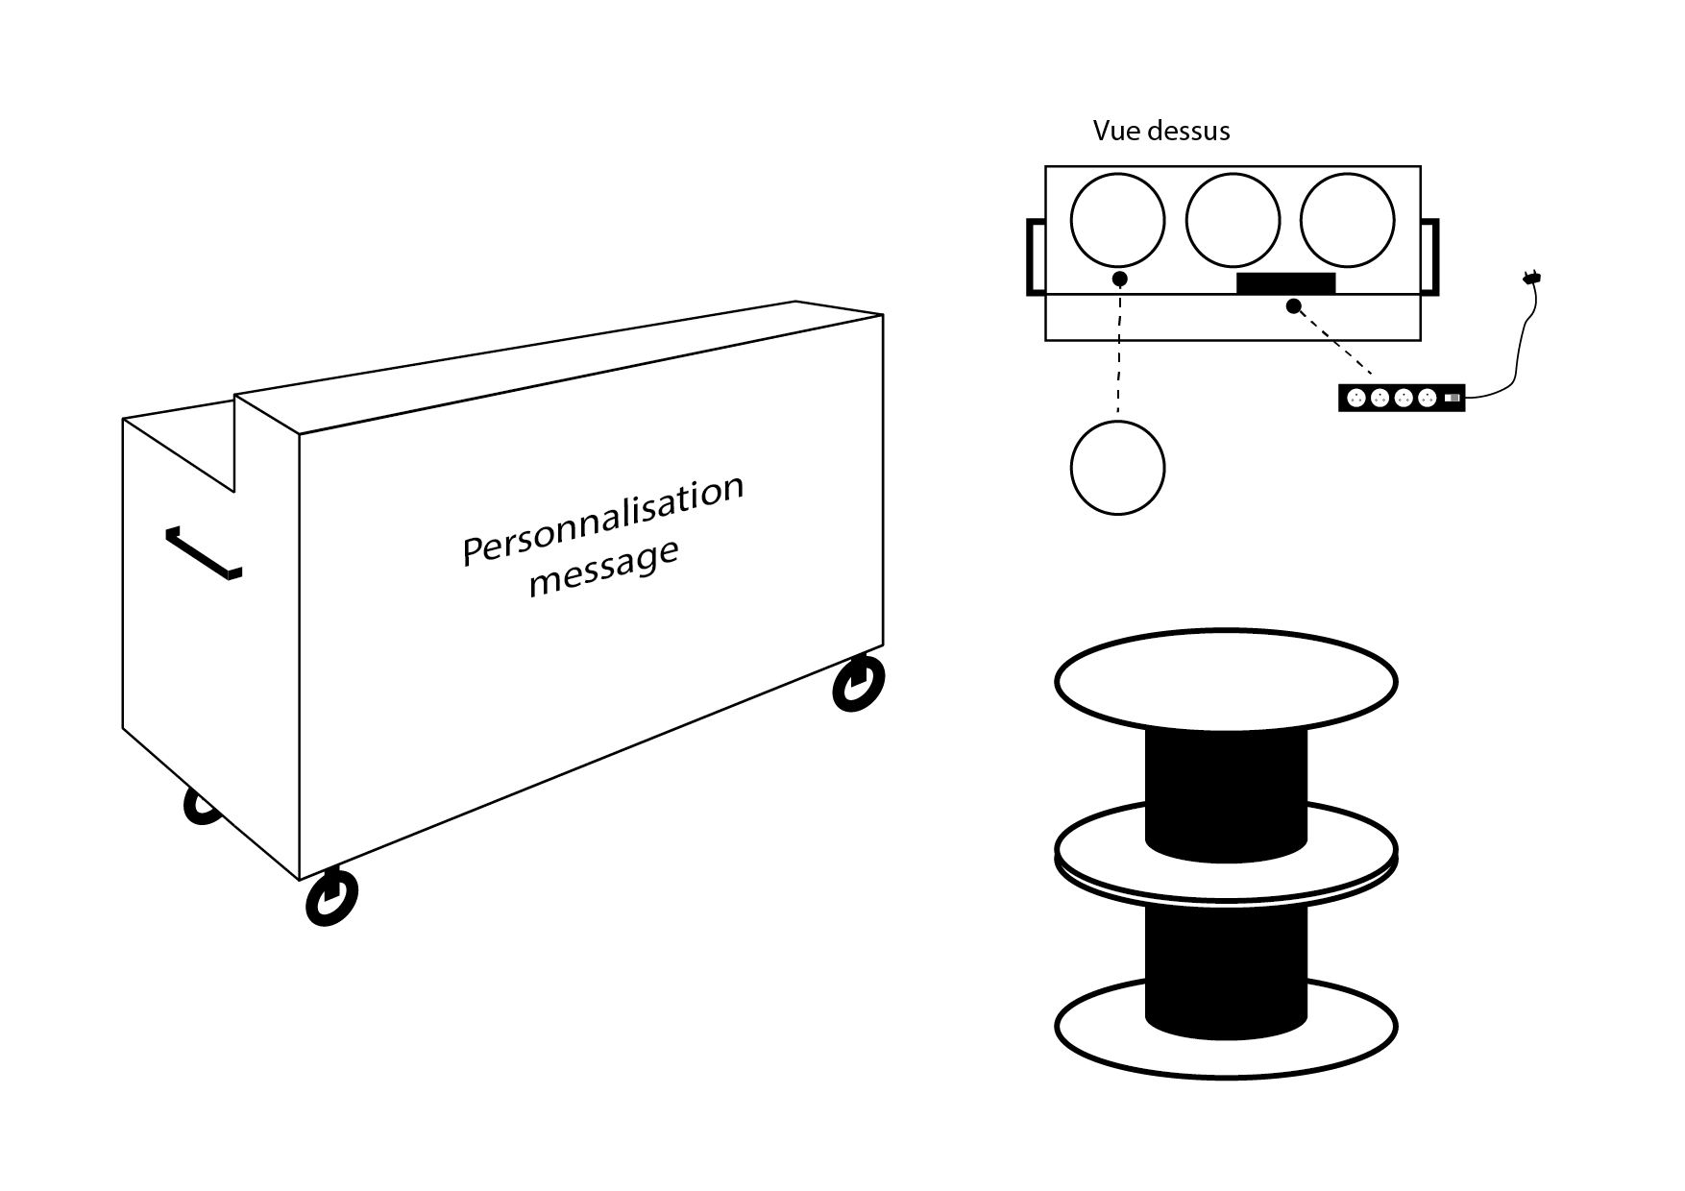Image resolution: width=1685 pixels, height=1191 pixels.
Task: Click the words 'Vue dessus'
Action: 1160,131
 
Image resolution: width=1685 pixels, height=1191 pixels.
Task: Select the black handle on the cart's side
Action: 203,554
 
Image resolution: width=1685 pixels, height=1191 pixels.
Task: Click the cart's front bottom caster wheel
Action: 330,897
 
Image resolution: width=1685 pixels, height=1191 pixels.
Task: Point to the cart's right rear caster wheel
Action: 858,684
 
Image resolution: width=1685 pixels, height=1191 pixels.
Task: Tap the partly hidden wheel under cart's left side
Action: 200,809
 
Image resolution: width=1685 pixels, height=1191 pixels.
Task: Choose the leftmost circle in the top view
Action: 1117,220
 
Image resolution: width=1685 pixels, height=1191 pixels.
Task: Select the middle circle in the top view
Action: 1233,220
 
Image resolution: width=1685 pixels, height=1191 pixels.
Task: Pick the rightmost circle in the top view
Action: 1347,220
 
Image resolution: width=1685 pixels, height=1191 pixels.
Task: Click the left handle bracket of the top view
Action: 1034,256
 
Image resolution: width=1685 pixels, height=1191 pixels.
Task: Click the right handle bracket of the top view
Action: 1431,256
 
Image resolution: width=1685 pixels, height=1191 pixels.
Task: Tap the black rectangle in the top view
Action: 1285,282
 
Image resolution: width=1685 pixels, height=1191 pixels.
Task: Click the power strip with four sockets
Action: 1402,398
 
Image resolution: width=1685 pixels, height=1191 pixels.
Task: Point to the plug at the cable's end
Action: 1531,280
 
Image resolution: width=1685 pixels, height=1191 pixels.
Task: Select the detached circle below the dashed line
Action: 1117,468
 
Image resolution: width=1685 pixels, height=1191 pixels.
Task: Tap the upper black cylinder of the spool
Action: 1226,792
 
